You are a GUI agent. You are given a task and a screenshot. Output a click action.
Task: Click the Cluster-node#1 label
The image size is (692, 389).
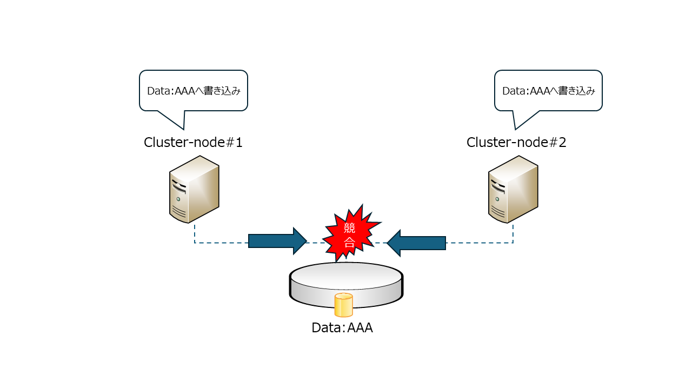[x=193, y=142]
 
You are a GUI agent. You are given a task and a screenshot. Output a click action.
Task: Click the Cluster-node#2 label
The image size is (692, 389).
[x=516, y=142]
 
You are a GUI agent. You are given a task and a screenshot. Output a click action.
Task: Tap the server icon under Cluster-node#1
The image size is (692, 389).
[x=194, y=189]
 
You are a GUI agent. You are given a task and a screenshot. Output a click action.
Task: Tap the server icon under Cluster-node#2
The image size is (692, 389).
[x=513, y=189]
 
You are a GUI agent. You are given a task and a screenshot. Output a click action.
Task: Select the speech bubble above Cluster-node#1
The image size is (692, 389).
[x=194, y=90]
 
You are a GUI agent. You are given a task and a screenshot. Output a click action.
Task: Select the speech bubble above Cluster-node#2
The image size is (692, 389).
[x=548, y=90]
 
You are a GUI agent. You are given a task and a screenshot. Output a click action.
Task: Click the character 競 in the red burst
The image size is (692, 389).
[x=349, y=227]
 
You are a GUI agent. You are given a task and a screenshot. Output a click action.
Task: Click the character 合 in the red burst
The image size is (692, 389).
[x=349, y=243]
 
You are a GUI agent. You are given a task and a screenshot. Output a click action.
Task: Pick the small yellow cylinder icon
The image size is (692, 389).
[x=343, y=305]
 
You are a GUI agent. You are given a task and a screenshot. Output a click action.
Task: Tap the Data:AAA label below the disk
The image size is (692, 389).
[x=342, y=327]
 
